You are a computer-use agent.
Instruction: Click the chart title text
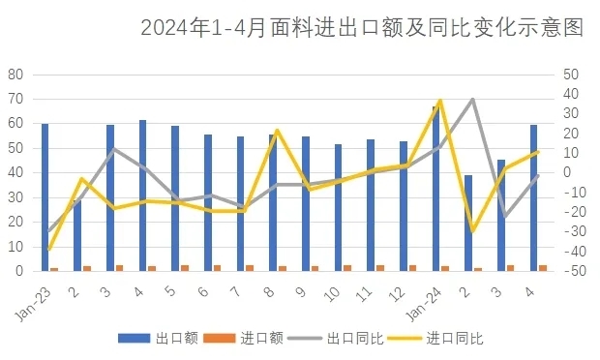point(361,27)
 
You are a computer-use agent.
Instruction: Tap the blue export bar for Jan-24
point(435,189)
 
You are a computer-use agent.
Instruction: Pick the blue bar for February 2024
point(468,223)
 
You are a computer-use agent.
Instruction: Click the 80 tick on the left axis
point(15,75)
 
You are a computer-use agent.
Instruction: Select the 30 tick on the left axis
point(15,197)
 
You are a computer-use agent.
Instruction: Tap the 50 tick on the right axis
point(571,75)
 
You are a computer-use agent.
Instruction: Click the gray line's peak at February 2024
point(472,99)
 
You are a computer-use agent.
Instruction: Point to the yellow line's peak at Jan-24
point(440,100)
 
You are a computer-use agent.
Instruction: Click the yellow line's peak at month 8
point(277,130)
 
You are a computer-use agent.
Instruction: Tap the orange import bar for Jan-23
point(54,269)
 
